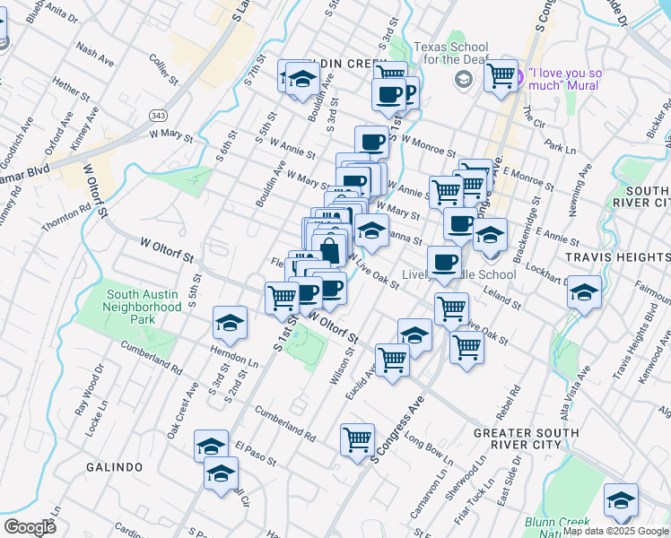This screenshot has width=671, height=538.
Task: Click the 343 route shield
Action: (x=159, y=116)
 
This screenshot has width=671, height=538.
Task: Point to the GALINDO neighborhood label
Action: (x=115, y=467)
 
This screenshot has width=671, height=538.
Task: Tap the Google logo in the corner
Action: (x=30, y=526)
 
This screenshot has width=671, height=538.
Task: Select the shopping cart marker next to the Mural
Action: (x=500, y=74)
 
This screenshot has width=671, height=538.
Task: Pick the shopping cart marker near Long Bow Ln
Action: (x=357, y=439)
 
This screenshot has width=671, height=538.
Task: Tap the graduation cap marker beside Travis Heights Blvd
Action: (x=584, y=294)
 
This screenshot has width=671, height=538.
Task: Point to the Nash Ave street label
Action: (x=95, y=55)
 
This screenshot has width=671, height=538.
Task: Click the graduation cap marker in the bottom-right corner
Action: (x=621, y=499)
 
